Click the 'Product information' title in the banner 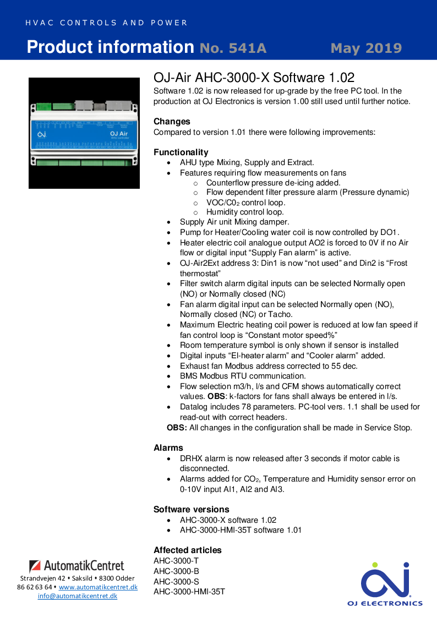(110, 47)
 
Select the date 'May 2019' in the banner (366, 48)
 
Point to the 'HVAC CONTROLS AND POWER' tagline (106, 23)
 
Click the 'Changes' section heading (172, 122)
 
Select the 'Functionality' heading (181, 152)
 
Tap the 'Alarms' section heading (168, 448)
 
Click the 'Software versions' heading (191, 510)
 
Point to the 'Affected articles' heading (187, 550)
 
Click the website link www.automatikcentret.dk (98, 587)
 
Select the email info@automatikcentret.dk (77, 596)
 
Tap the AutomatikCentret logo (77, 566)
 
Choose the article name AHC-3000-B (176, 571)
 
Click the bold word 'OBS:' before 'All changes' (177, 428)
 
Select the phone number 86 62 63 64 (34, 587)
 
